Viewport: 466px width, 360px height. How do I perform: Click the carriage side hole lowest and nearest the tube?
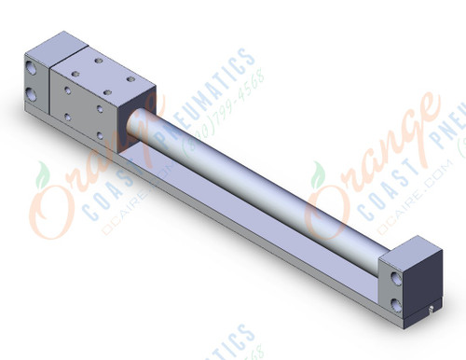click(x=102, y=133)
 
